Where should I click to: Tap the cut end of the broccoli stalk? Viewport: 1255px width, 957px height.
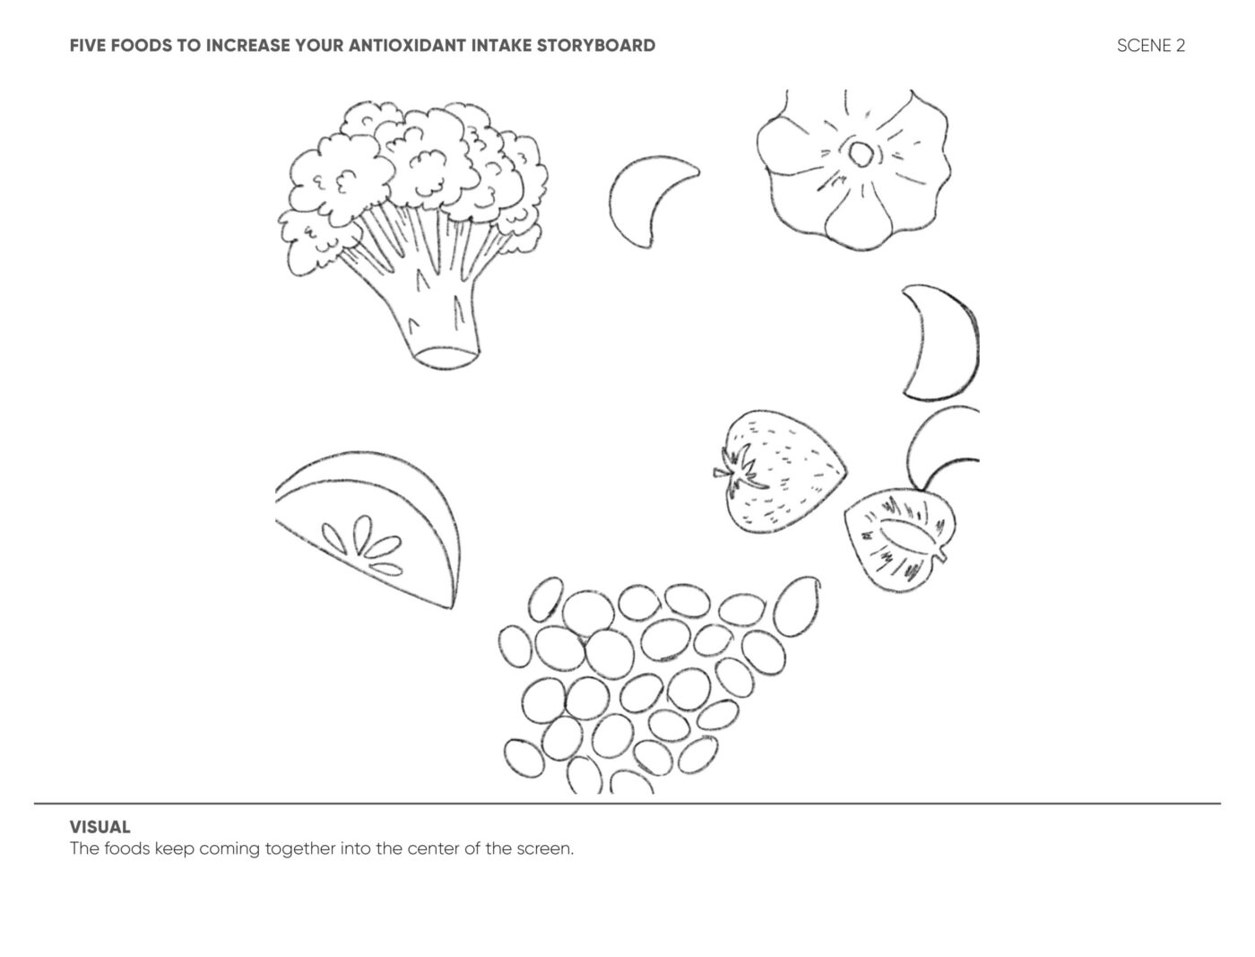446,358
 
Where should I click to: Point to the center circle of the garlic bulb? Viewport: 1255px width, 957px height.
860,153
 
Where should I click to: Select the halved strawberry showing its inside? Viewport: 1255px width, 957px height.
899,539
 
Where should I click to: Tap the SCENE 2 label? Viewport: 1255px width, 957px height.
1151,46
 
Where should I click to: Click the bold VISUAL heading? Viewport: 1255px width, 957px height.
100,827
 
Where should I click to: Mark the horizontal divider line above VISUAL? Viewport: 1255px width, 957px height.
627,804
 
